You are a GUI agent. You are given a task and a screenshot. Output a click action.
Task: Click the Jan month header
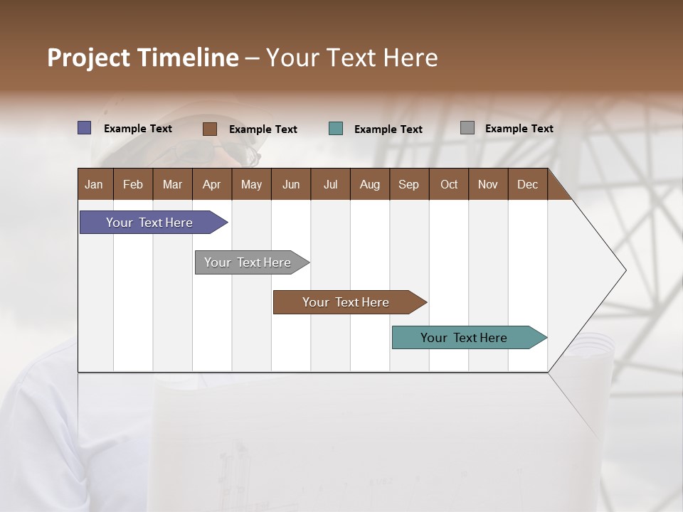(x=95, y=184)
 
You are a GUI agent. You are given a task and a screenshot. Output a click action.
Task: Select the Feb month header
(x=133, y=184)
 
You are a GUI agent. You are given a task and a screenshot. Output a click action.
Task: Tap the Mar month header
(x=172, y=184)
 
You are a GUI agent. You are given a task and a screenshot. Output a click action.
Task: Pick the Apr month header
(x=212, y=184)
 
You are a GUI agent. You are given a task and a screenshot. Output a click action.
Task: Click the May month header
(x=251, y=184)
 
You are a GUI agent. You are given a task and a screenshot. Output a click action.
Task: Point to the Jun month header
(x=291, y=184)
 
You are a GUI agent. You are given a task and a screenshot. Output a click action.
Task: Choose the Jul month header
(x=330, y=184)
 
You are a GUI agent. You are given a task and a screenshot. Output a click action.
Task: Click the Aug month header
(x=370, y=184)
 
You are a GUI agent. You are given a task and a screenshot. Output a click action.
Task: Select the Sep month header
(x=409, y=184)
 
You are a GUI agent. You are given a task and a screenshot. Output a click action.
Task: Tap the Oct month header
(x=449, y=184)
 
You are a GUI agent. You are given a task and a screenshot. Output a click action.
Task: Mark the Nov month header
(x=488, y=184)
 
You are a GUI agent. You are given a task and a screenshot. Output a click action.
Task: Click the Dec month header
(x=528, y=184)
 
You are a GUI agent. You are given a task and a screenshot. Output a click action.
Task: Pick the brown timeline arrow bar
(x=346, y=302)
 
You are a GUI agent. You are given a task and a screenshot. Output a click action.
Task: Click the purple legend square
(x=85, y=128)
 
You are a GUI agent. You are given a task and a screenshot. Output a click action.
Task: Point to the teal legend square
(x=336, y=129)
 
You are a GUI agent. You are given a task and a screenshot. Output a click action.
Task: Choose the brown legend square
(x=210, y=129)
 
